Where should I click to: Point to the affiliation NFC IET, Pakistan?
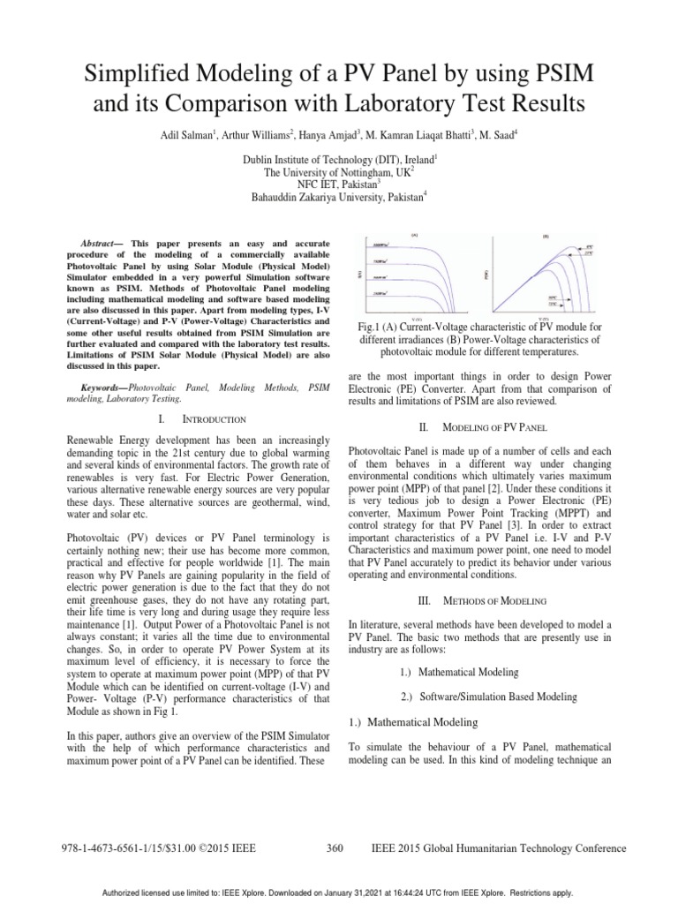point(338,185)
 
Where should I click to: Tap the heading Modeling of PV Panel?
point(477,426)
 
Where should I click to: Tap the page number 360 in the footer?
point(335,848)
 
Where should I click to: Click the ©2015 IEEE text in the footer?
point(225,848)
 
